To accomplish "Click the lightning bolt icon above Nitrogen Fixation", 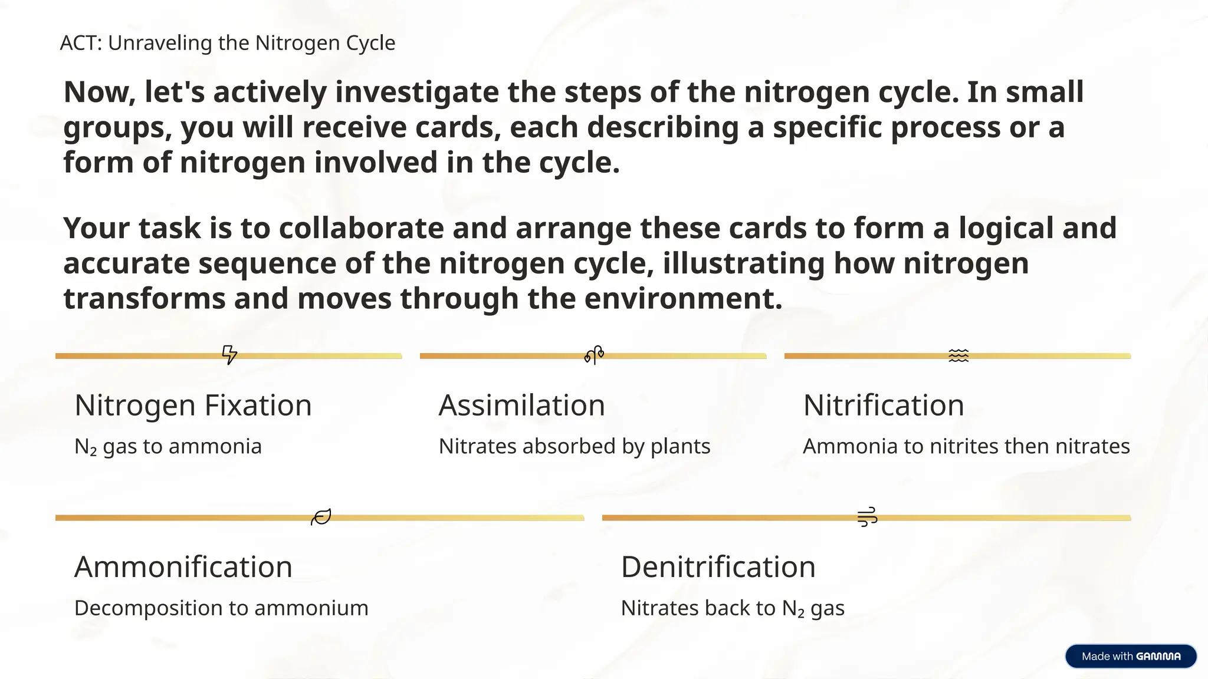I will coord(229,355).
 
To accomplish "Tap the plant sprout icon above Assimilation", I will coord(594,355).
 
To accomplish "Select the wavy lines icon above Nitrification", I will coord(958,355).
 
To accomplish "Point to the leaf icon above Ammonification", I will coord(321,517).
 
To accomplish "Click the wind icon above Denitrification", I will coord(867,517).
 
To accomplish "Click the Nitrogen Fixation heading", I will coord(193,406).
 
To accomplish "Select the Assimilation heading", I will coord(521,406).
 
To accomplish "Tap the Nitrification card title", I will coord(883,406).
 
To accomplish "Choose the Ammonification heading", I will coord(183,567).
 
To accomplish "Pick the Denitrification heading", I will coord(718,567).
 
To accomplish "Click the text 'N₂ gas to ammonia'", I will coord(168,447).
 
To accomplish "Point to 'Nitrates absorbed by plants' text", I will coord(574,447).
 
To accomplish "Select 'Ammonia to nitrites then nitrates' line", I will coord(966,447).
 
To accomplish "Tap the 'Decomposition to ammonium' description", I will coord(221,608).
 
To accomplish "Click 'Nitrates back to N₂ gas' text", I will coord(732,608).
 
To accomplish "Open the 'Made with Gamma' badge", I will coord(1130,656).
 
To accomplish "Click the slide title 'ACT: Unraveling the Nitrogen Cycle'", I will coord(228,43).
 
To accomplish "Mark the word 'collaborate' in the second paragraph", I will coord(362,228).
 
